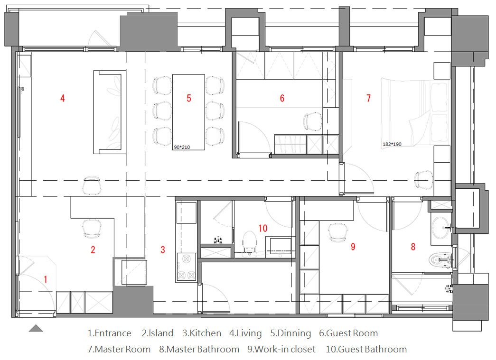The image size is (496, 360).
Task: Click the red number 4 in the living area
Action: click(x=63, y=98)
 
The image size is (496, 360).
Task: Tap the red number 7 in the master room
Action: click(x=368, y=98)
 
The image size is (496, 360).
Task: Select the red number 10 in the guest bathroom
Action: click(x=263, y=228)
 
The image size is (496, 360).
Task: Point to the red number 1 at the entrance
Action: click(x=46, y=279)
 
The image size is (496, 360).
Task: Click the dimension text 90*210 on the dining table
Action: click(x=182, y=148)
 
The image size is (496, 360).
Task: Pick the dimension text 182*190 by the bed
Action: click(x=392, y=144)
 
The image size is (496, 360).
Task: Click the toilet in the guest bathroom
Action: click(x=250, y=243)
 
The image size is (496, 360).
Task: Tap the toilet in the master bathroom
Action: click(x=440, y=260)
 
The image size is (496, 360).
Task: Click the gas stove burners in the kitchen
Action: click(x=187, y=268)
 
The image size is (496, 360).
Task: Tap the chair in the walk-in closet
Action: click(x=338, y=232)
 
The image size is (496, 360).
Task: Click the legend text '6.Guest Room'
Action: click(x=348, y=333)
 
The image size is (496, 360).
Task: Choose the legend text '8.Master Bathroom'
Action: click(x=199, y=349)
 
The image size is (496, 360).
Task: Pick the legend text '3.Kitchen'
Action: click(x=202, y=333)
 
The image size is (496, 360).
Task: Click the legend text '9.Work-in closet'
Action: click(x=281, y=349)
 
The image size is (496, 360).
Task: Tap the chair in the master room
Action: click(x=423, y=180)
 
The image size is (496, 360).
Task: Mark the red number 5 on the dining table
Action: click(x=189, y=98)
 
